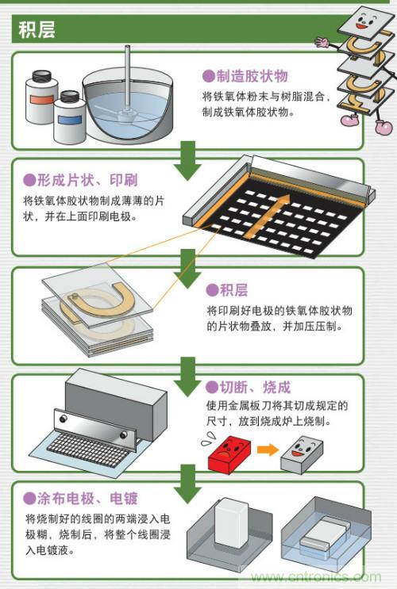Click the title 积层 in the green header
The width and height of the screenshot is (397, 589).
point(36,30)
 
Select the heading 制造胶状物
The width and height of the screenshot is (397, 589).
point(244,76)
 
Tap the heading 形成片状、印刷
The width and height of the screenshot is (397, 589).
point(80,180)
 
